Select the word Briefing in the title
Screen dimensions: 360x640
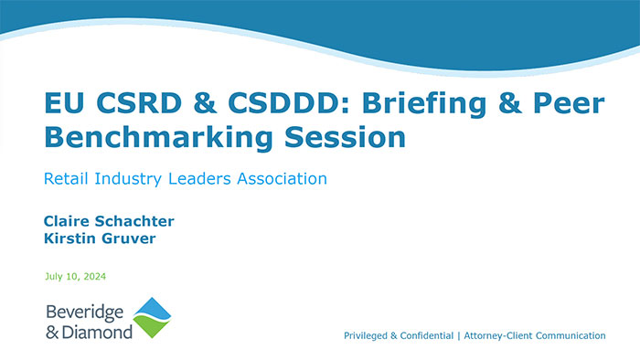405,104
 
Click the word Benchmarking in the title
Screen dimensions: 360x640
153,139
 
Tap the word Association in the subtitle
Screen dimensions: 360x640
279,179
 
